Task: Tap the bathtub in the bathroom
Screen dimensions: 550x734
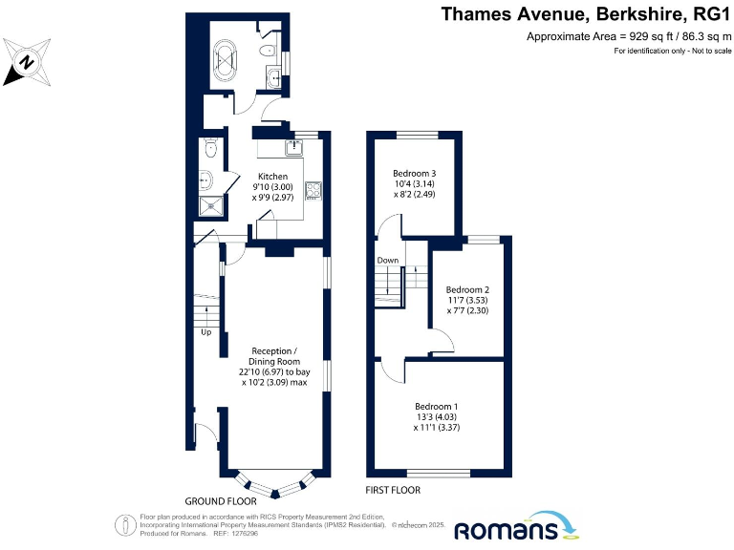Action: tap(228, 58)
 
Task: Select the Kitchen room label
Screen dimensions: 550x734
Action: tap(270, 177)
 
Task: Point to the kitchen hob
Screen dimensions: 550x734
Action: tap(313, 189)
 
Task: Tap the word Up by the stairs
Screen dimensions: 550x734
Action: tap(206, 332)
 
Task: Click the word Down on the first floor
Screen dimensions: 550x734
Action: tap(387, 260)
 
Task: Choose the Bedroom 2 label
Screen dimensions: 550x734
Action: tap(467, 289)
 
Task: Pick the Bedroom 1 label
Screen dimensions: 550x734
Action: tap(435, 404)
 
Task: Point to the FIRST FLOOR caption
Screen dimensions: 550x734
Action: tap(393, 490)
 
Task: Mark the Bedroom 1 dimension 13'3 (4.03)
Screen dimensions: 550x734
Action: tap(435, 415)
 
